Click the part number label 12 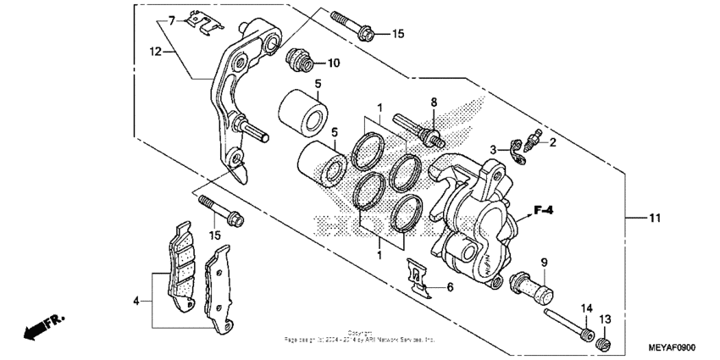(x=155, y=51)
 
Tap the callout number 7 (x=170, y=19)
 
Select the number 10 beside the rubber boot (x=334, y=63)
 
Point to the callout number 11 (x=654, y=219)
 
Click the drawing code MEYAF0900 (x=673, y=347)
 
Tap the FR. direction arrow (x=43, y=326)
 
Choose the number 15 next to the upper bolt (x=398, y=34)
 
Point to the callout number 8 (x=433, y=102)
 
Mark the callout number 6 (x=450, y=288)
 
